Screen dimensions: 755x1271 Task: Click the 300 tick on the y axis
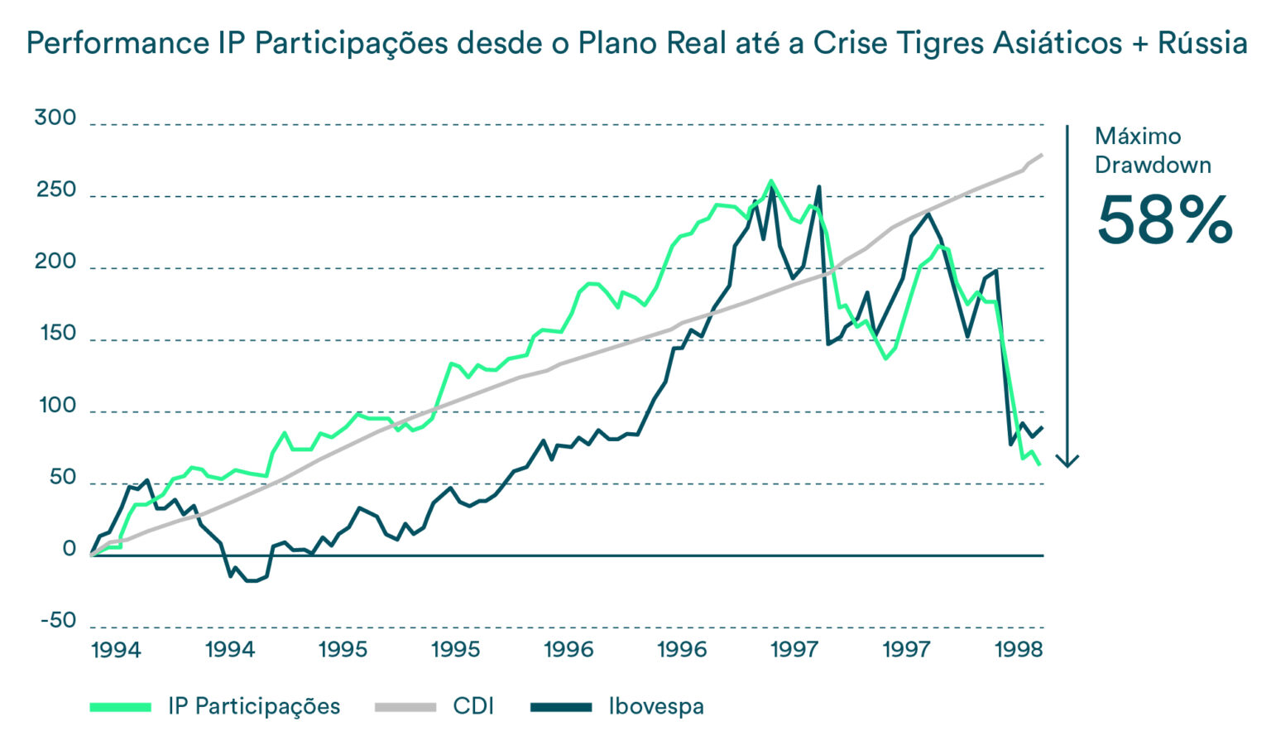(x=55, y=118)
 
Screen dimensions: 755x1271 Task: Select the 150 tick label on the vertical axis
(x=57, y=334)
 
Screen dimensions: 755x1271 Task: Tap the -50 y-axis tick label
(x=57, y=620)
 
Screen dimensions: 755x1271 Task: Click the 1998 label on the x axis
(x=1019, y=650)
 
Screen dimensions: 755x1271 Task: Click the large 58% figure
(x=1164, y=220)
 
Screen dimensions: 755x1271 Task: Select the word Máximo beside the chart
(x=1138, y=137)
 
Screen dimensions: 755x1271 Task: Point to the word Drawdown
(x=1153, y=166)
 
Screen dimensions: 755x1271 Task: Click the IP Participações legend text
(x=254, y=707)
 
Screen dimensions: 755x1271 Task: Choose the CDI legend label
(x=473, y=707)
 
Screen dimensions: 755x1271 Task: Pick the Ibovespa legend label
(x=656, y=707)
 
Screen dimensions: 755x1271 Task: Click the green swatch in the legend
(x=121, y=707)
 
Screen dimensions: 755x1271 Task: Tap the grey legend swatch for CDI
(x=405, y=707)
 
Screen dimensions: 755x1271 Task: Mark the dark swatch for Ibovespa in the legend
(x=561, y=707)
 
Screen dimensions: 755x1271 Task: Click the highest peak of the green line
(x=771, y=180)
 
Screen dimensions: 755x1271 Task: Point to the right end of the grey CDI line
(x=1041, y=155)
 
